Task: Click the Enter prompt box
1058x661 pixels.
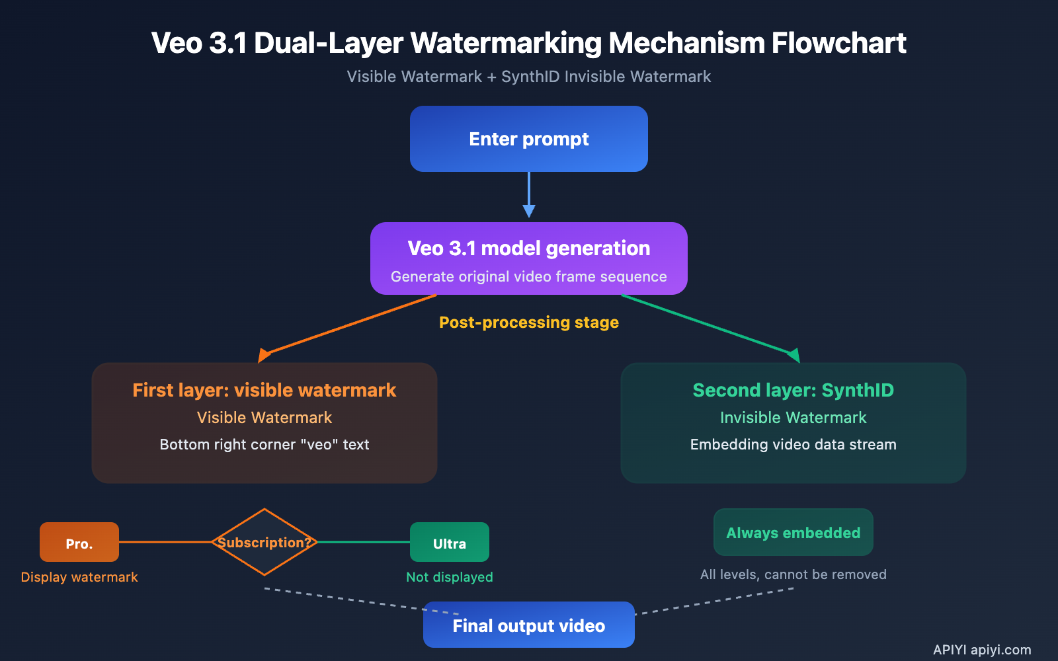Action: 529,139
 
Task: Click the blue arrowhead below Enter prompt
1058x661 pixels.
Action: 529,211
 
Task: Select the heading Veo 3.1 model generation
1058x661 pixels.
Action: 529,248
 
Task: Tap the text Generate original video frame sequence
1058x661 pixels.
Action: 529,276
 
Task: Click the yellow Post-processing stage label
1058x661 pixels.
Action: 529,323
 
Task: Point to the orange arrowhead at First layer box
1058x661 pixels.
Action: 264,356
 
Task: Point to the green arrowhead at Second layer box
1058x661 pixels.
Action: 793,356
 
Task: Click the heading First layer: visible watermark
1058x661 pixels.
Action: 264,390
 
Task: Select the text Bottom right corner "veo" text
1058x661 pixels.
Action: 264,444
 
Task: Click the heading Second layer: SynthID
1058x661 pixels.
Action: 793,390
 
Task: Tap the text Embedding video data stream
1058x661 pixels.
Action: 793,444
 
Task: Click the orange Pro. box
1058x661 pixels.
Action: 79,542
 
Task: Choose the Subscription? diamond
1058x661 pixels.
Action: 264,542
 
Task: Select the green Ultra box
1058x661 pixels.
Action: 450,542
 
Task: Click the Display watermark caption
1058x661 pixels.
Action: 79,577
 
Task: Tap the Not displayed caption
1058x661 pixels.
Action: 450,577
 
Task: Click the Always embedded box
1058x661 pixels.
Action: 793,532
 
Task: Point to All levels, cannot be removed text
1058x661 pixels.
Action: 793,574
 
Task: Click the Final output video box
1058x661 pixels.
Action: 529,625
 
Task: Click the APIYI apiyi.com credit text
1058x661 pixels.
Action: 982,650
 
